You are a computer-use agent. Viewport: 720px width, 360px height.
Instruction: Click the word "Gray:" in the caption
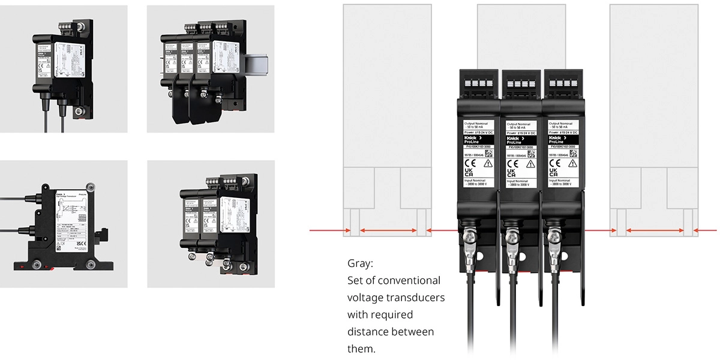(x=359, y=263)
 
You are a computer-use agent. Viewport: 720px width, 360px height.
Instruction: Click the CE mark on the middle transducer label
(x=513, y=163)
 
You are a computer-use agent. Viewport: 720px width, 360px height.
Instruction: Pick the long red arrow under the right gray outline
(x=655, y=230)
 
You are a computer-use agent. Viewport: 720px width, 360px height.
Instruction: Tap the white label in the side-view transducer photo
(x=70, y=217)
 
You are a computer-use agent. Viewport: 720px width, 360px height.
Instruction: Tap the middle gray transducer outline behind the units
(x=521, y=36)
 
